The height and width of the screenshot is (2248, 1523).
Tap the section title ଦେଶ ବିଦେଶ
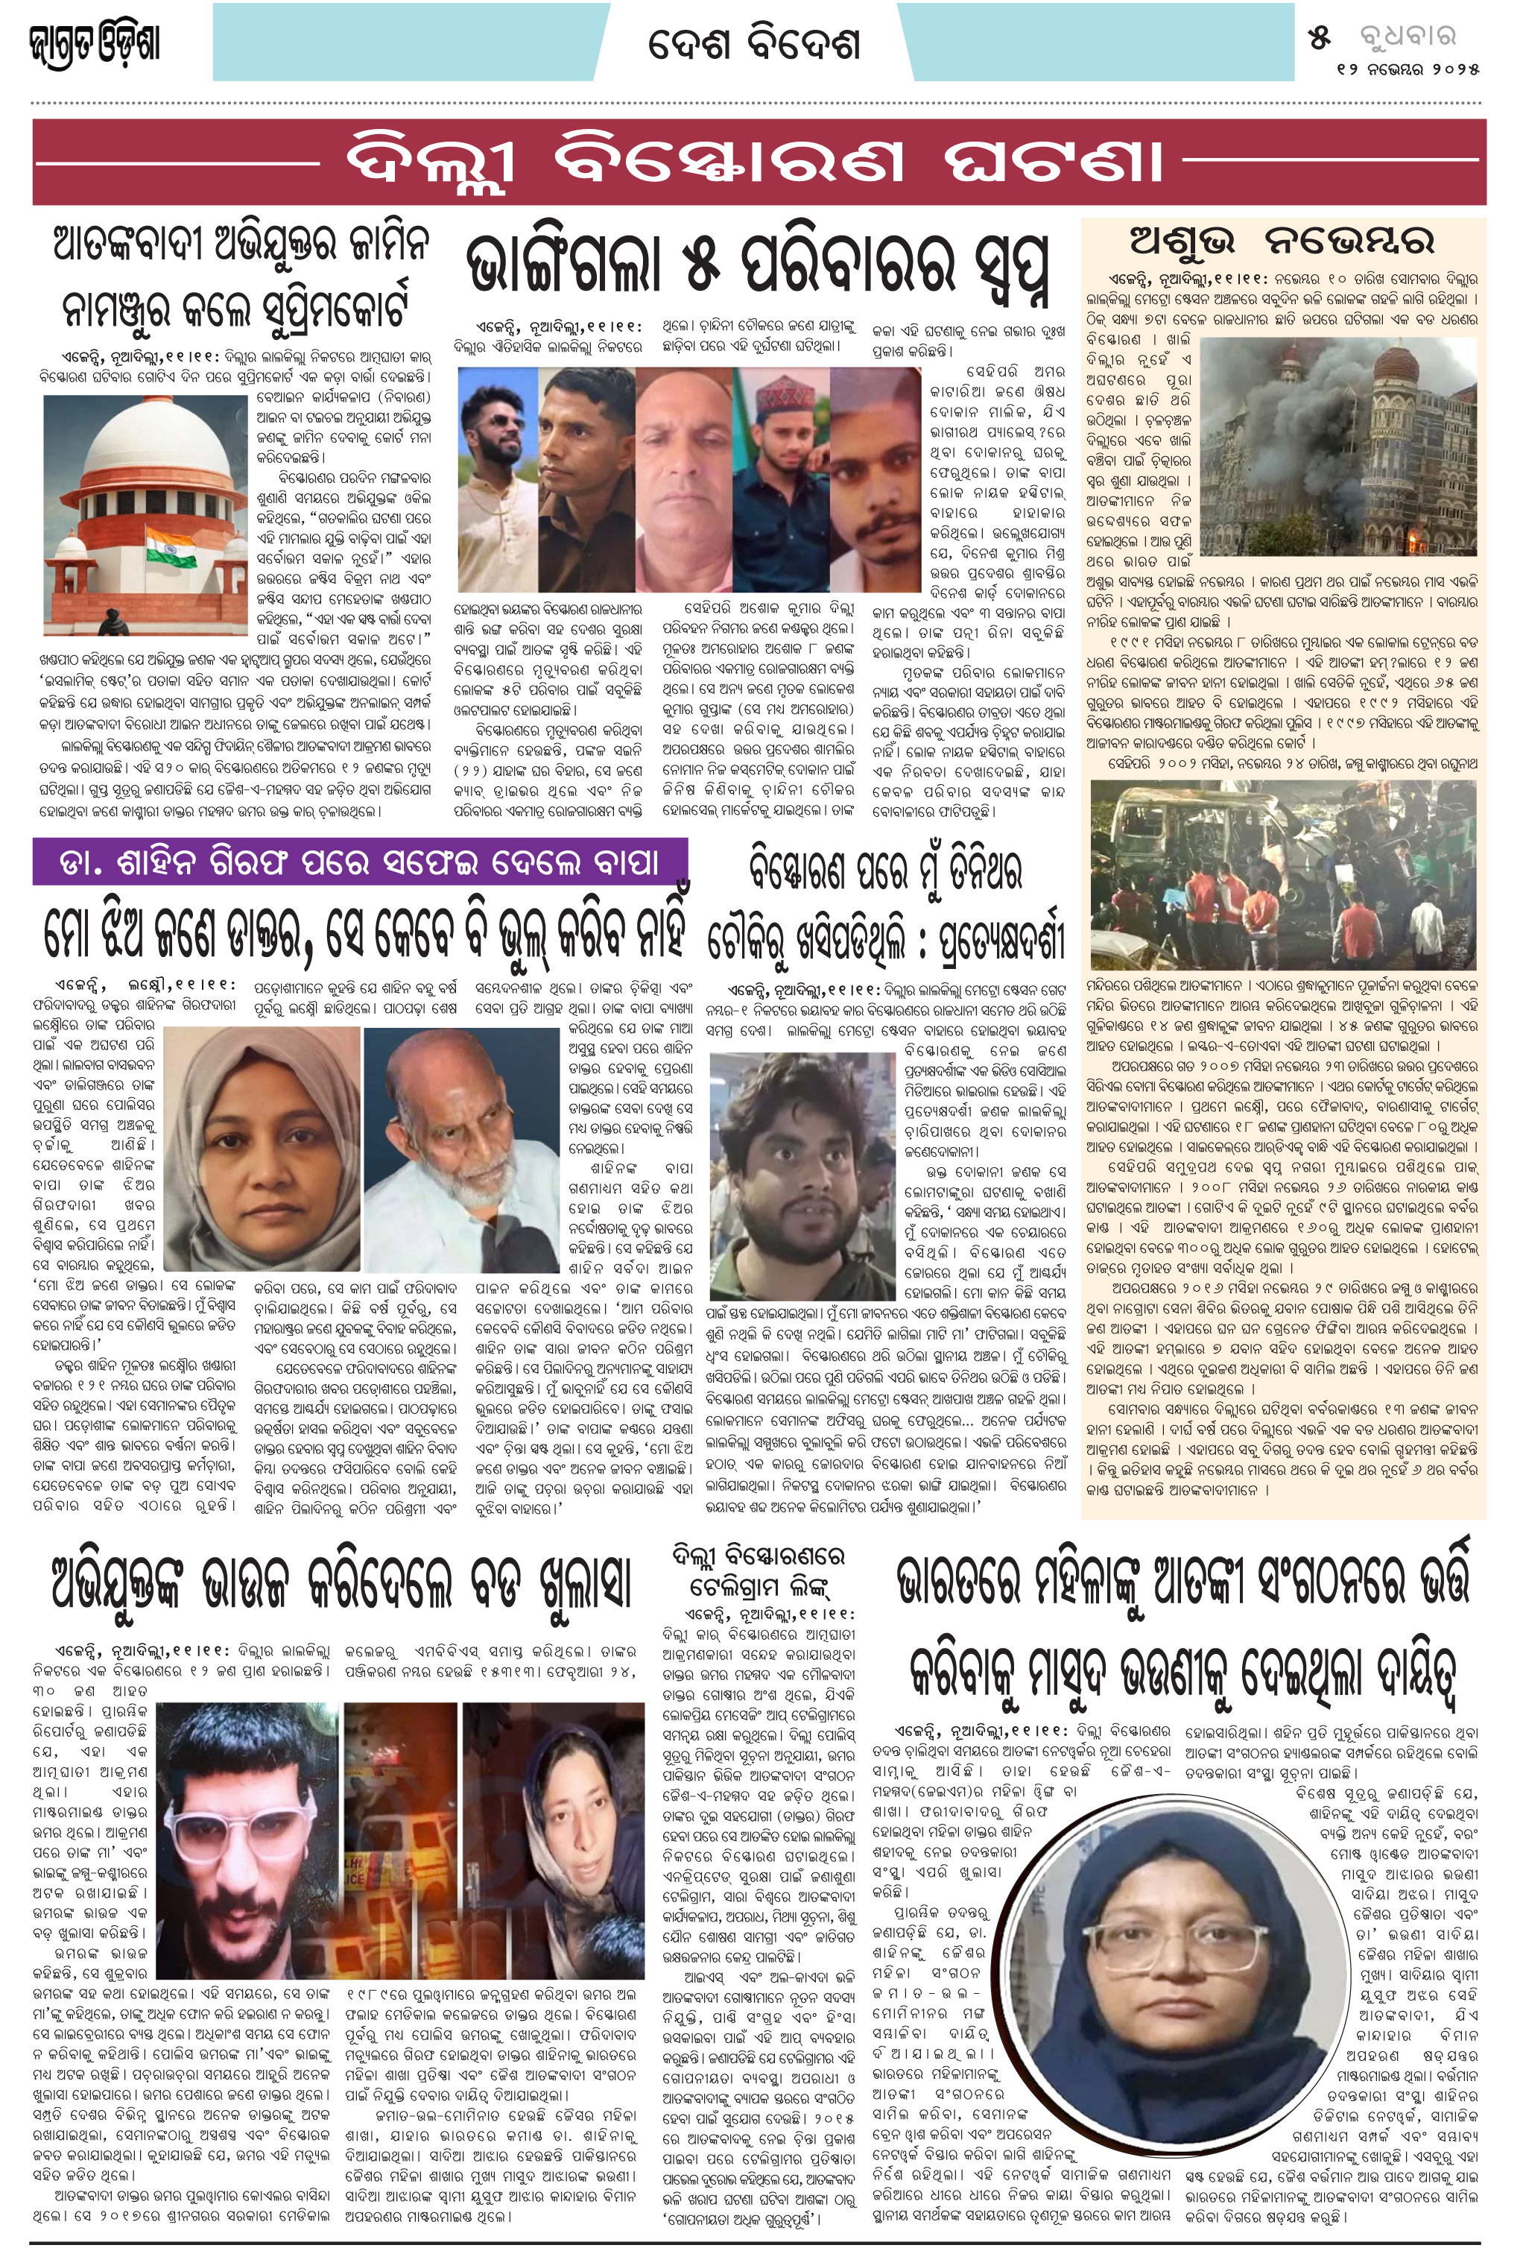[753, 43]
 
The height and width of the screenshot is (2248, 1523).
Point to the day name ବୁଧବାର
[1407, 37]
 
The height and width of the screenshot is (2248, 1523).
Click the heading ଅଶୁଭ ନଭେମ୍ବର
[1282, 241]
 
